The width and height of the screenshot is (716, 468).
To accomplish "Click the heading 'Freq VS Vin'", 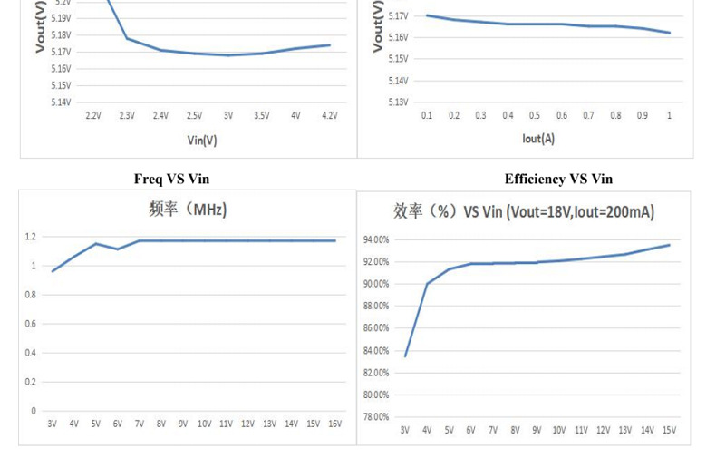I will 171,179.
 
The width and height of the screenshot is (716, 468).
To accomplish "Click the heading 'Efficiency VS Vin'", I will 558,179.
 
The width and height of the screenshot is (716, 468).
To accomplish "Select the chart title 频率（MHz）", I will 188,210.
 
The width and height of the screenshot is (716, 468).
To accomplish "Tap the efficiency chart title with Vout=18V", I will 524,212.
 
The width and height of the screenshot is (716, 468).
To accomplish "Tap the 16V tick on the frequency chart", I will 334,424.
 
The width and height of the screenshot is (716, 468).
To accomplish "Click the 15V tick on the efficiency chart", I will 669,430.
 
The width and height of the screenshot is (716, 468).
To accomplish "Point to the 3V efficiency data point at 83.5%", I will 405,356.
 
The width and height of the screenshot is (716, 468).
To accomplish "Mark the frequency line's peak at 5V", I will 95,243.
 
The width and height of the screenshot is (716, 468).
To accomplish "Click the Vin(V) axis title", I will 201,141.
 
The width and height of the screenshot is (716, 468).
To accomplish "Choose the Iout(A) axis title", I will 537,139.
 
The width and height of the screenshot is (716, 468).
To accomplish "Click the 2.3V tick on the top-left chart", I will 126,116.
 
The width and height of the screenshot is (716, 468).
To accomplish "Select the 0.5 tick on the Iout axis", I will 535,116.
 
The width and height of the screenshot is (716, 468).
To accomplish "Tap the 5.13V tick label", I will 397,102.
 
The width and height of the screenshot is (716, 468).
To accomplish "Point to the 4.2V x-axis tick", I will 329,116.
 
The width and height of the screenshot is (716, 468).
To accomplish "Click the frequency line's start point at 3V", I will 53,271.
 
